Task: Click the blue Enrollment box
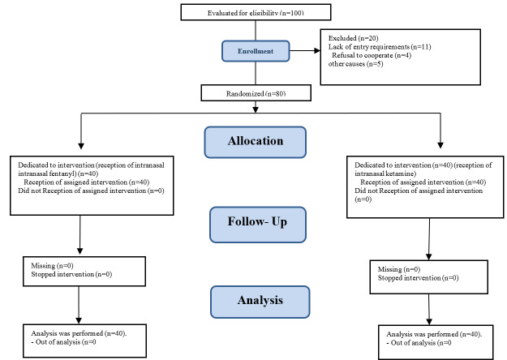(256, 51)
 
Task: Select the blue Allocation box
(255, 142)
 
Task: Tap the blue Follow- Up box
(258, 225)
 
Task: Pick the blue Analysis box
(260, 302)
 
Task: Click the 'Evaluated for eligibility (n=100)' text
(256, 13)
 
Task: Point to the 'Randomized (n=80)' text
(256, 94)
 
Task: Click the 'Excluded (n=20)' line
(354, 38)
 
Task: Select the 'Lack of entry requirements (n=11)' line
(380, 47)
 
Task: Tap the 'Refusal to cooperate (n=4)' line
(372, 55)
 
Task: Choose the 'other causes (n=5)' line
(355, 64)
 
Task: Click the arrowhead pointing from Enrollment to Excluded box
(317, 50)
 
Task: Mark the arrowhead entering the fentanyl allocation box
(81, 146)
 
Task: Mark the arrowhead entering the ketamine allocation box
(440, 145)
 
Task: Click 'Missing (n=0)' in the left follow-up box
(52, 266)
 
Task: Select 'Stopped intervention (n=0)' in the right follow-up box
(418, 277)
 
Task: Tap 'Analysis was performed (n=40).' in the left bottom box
(79, 333)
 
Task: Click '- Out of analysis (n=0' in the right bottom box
(419, 342)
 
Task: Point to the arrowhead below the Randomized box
(256, 109)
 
